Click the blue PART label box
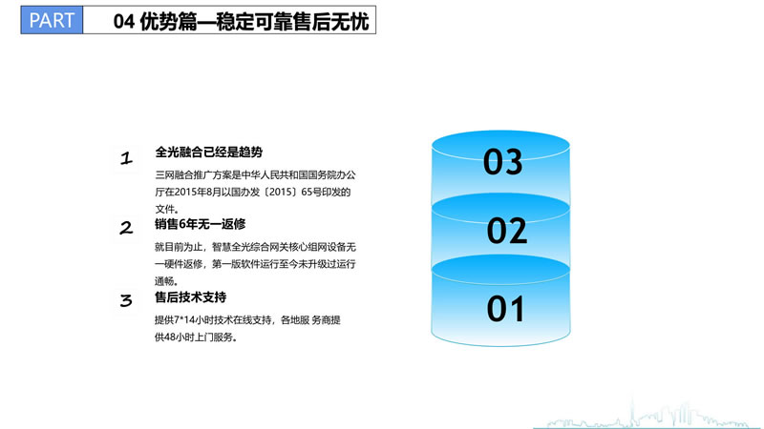click(x=52, y=20)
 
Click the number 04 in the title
click(x=124, y=21)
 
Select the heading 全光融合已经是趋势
click(x=208, y=152)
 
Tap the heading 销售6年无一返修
click(x=200, y=224)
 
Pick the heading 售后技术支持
click(x=190, y=296)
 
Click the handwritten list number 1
click(x=126, y=158)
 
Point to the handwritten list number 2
click(x=126, y=228)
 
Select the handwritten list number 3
click(x=126, y=300)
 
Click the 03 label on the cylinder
click(x=503, y=162)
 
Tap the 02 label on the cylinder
click(x=507, y=231)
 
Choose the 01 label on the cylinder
click(x=506, y=309)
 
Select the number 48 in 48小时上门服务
click(x=170, y=337)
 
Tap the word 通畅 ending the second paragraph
click(x=164, y=281)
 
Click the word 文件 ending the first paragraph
click(x=164, y=209)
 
